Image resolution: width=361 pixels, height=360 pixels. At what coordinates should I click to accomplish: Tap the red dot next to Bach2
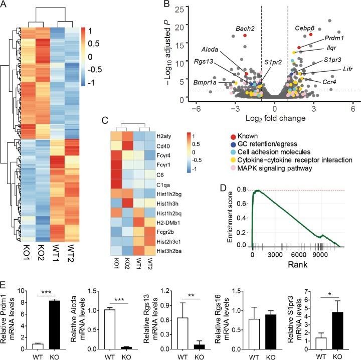pos(245,36)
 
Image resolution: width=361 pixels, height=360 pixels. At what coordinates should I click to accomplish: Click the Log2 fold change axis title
pos(273,118)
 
